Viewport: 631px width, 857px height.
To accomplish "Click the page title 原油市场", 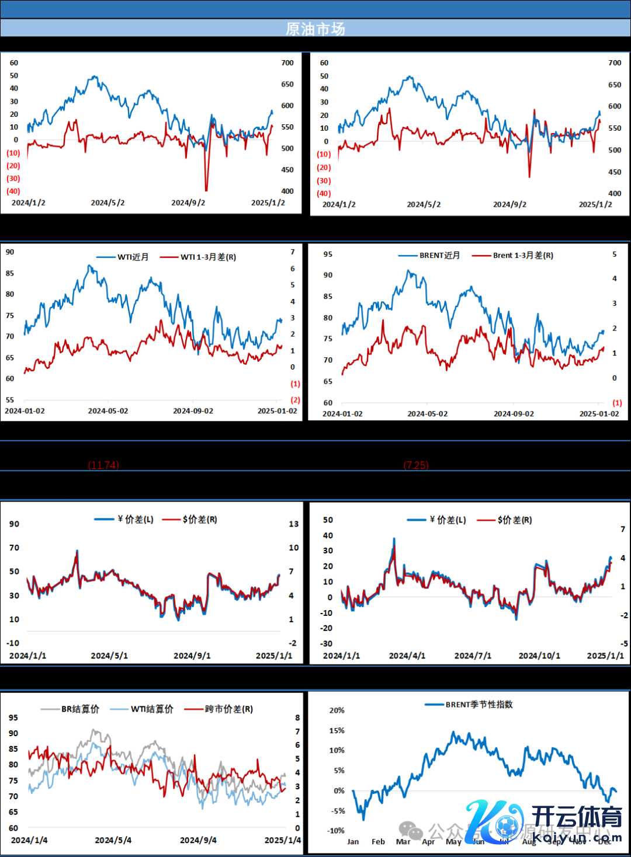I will click(315, 29).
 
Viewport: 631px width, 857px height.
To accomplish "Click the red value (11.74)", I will click(103, 465).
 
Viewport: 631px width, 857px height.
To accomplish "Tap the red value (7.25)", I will click(416, 465).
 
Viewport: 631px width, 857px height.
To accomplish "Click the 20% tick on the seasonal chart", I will click(337, 710).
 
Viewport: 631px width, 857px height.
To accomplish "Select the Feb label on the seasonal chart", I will click(378, 841).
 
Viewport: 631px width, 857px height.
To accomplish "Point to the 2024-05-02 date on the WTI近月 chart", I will click(108, 411).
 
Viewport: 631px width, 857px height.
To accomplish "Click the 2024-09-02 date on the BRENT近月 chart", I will click(514, 413).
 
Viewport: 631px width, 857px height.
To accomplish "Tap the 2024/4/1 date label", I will click(407, 656).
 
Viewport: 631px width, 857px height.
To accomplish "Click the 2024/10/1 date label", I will click(539, 656).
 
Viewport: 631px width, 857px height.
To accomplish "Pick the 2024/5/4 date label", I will click(113, 840).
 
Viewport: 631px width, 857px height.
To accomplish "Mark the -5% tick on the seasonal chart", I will click(337, 811).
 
